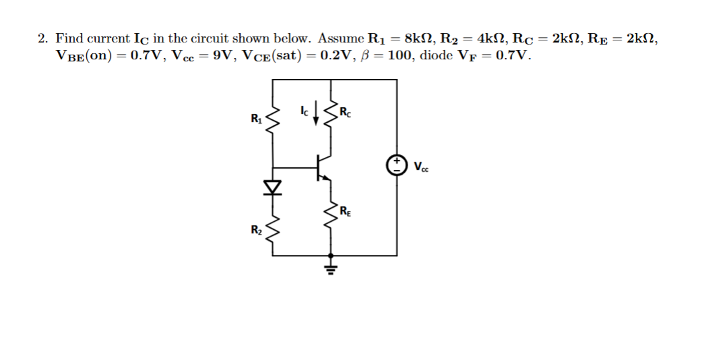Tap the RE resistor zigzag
pos(330,214)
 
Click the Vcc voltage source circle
pos(397,164)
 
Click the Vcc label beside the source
pos(420,166)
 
